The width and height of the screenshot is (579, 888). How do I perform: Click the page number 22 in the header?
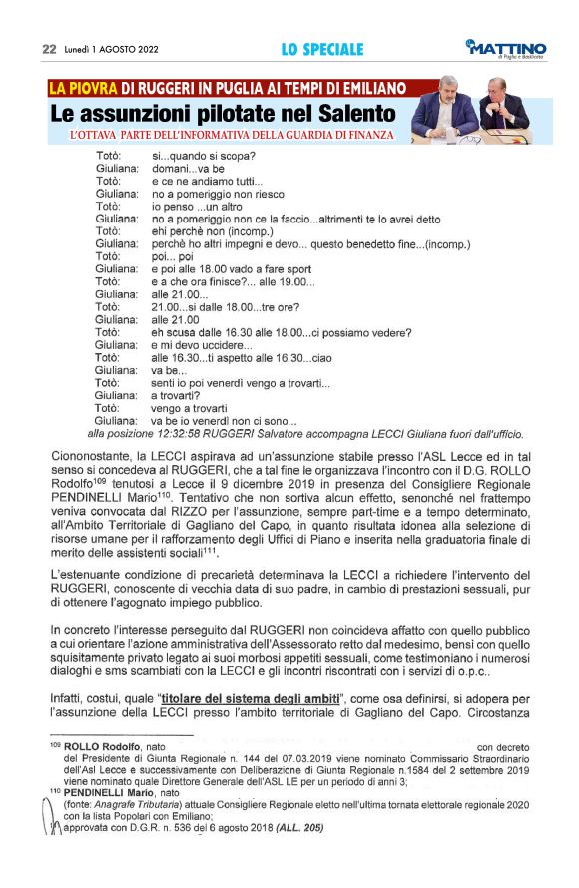[x=48, y=49]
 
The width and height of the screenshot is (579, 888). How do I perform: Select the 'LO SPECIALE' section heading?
[x=321, y=49]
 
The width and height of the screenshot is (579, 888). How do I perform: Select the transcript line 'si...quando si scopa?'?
[x=202, y=156]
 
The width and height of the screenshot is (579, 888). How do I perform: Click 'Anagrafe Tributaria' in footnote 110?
[x=137, y=804]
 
